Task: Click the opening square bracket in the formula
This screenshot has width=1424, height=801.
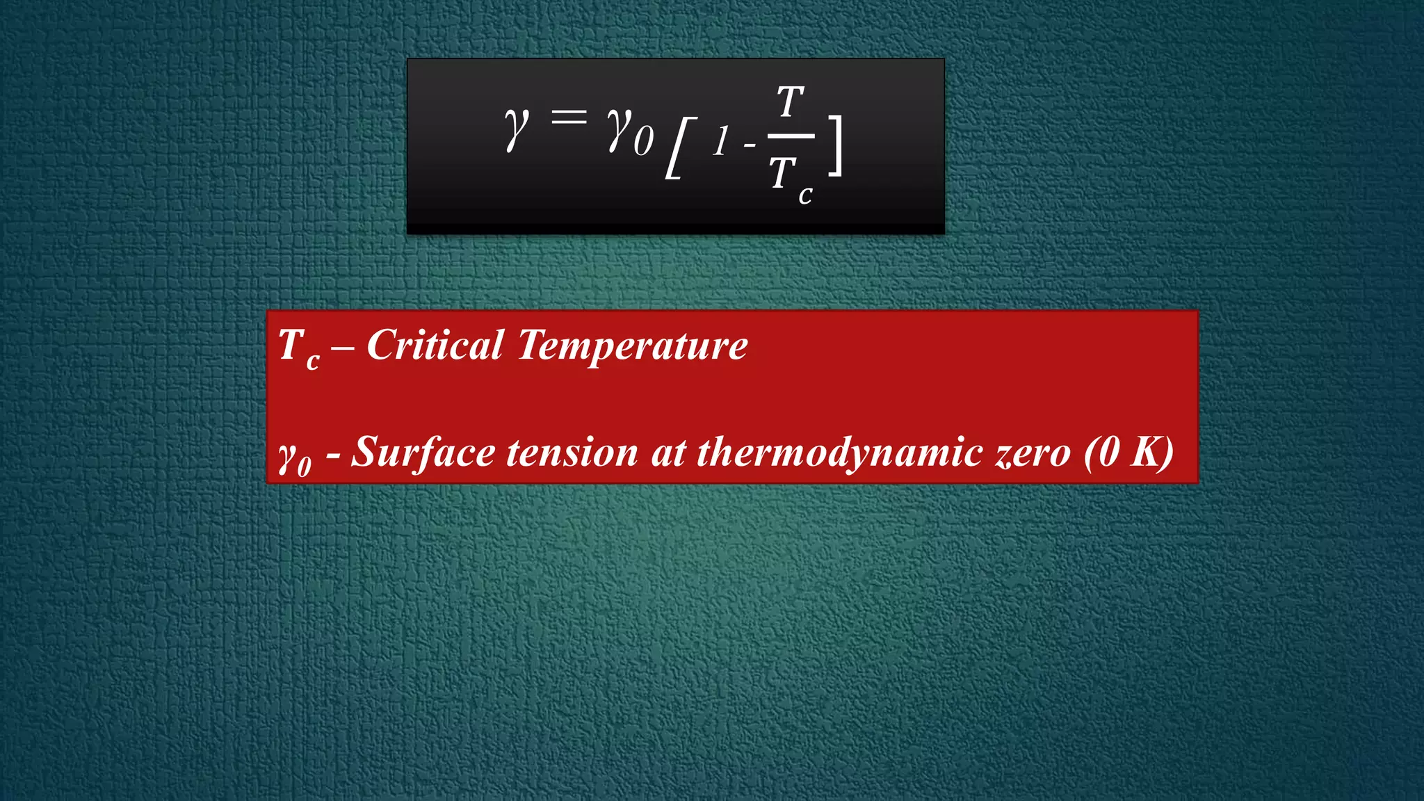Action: pyautogui.click(x=680, y=148)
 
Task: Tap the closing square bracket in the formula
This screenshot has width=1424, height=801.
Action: pyautogui.click(x=835, y=145)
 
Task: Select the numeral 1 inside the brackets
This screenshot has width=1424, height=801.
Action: pyautogui.click(x=721, y=142)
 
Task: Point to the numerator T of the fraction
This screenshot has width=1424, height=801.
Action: pyautogui.click(x=791, y=102)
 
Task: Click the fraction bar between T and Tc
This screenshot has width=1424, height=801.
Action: pyautogui.click(x=791, y=136)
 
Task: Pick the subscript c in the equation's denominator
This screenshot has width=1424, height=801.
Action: pyautogui.click(x=805, y=195)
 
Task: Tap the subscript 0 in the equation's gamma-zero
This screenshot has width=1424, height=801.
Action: pyautogui.click(x=643, y=140)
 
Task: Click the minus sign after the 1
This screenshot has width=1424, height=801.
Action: pyautogui.click(x=749, y=145)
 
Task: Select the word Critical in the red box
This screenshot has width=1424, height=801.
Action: pyautogui.click(x=435, y=345)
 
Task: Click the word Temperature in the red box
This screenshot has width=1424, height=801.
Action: pyautogui.click(x=632, y=346)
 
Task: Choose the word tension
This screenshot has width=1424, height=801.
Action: pyautogui.click(x=572, y=453)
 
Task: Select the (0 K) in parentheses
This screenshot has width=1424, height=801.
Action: pyautogui.click(x=1128, y=453)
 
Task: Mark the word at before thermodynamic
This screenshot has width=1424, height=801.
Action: pyautogui.click(x=668, y=453)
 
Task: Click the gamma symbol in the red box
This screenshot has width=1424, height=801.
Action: pyautogui.click(x=287, y=455)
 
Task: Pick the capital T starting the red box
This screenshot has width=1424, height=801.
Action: pyautogui.click(x=291, y=345)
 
